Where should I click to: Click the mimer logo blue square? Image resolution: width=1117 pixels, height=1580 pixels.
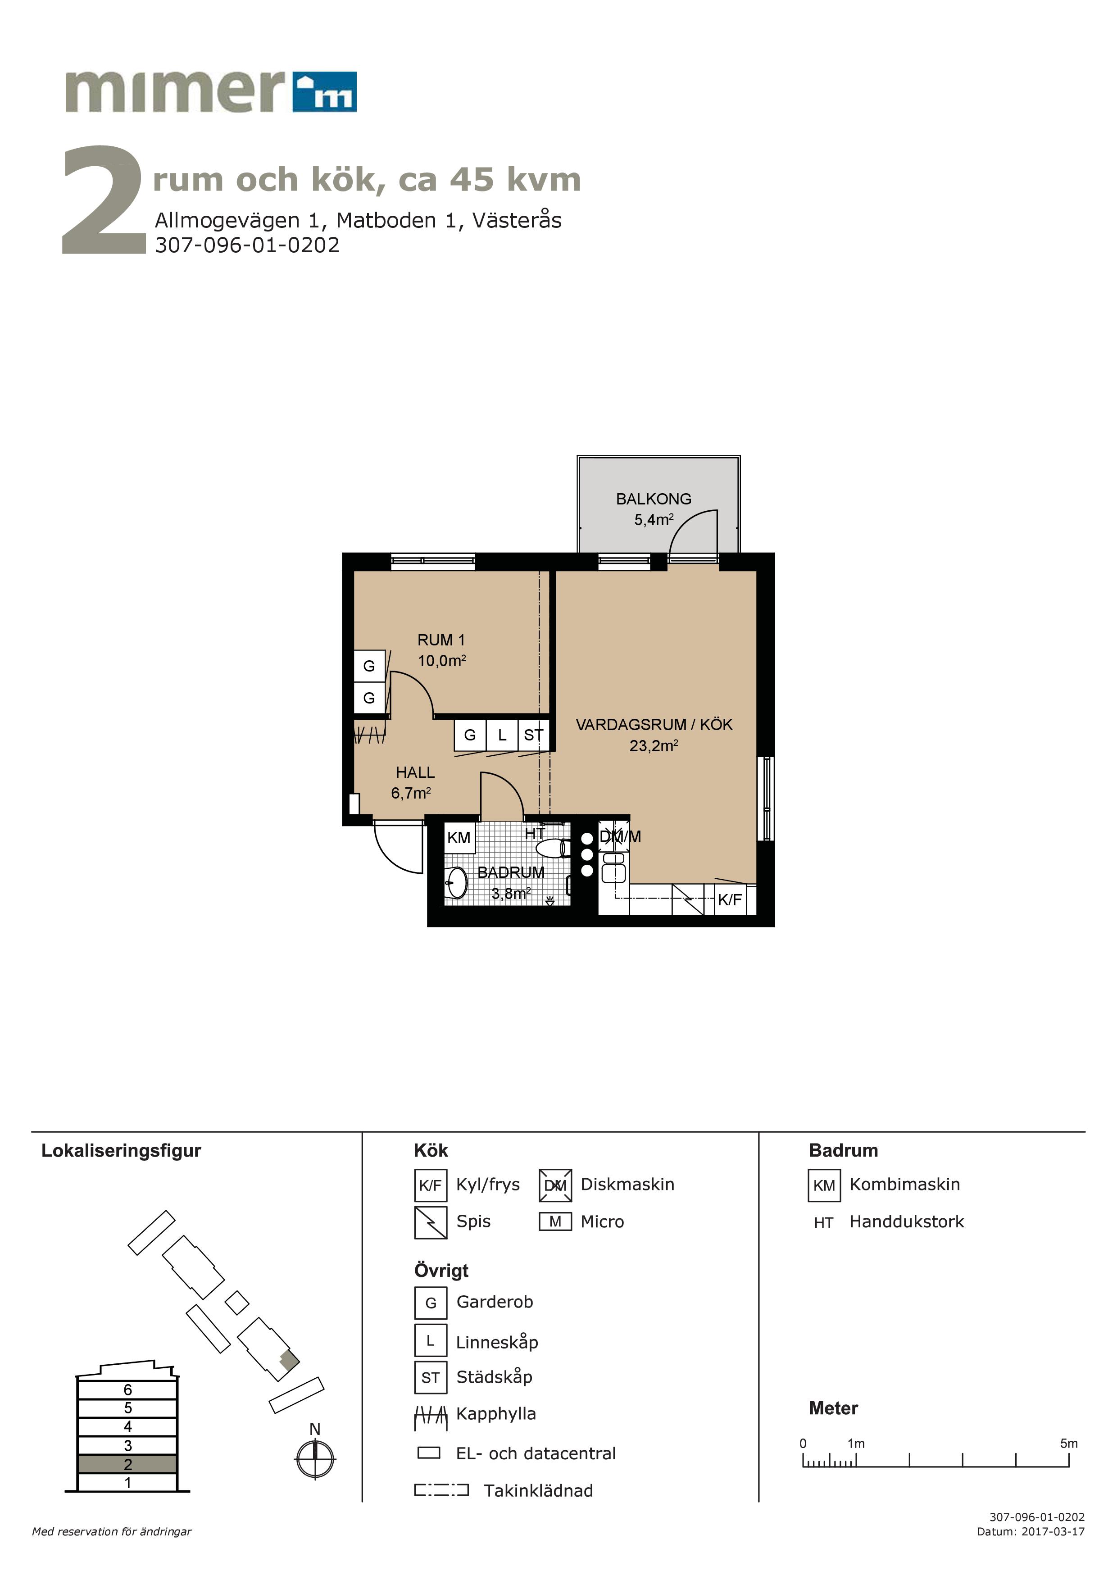(324, 91)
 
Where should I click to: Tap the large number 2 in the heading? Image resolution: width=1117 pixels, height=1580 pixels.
(103, 200)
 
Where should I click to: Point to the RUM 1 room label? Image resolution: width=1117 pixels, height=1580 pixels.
(441, 640)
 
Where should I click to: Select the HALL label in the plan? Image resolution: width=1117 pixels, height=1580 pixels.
(415, 773)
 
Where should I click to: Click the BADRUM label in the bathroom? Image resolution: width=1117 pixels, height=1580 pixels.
(511, 872)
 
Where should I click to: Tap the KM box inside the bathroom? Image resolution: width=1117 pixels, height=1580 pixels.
(459, 837)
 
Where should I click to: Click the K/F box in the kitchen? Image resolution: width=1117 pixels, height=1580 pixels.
(730, 899)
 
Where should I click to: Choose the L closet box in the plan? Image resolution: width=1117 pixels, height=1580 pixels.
(502, 735)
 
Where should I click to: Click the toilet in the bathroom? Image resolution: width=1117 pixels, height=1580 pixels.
(554, 848)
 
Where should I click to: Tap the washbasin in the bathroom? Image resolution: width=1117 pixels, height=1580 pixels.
(456, 882)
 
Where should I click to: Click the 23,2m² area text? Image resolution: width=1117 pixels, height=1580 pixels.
(654, 746)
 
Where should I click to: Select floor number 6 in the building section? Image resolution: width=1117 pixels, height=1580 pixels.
(127, 1390)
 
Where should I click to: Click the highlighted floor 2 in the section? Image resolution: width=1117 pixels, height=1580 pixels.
(127, 1464)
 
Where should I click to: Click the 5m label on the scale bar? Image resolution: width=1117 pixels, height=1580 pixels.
(1068, 1444)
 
